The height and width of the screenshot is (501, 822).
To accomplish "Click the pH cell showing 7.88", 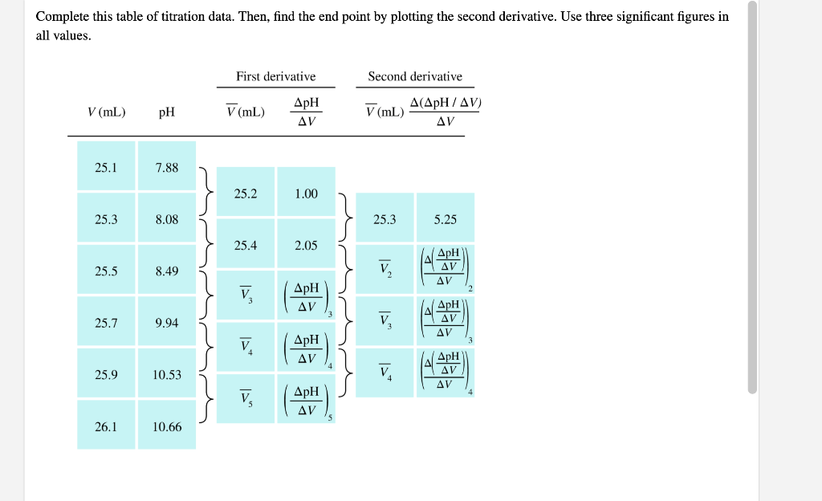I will pyautogui.click(x=167, y=168).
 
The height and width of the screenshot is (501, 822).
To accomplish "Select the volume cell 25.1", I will pyautogui.click(x=106, y=168).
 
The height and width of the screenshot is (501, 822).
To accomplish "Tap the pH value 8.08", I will pyautogui.click(x=167, y=219).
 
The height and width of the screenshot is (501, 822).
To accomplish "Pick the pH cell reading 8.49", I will pyautogui.click(x=167, y=271).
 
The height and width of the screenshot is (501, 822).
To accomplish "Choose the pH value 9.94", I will pyautogui.click(x=167, y=323).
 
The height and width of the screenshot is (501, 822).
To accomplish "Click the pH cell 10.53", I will pyautogui.click(x=167, y=375).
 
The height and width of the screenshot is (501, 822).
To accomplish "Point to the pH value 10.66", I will pyautogui.click(x=167, y=427).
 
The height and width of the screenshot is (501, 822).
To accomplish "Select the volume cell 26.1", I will pyautogui.click(x=106, y=427).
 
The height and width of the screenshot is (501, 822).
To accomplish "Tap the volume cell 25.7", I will pyautogui.click(x=106, y=323).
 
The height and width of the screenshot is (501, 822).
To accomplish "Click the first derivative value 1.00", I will pyautogui.click(x=306, y=193).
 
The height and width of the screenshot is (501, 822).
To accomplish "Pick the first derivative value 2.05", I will pyautogui.click(x=306, y=245).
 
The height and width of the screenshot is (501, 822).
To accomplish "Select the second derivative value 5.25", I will pyautogui.click(x=446, y=219).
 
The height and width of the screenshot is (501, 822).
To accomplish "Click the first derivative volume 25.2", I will pyautogui.click(x=246, y=193).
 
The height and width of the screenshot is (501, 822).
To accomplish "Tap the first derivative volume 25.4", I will pyautogui.click(x=246, y=245).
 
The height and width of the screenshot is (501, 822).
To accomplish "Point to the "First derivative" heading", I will pyautogui.click(x=275, y=76).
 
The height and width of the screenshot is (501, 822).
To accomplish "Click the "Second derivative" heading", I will pyautogui.click(x=415, y=76).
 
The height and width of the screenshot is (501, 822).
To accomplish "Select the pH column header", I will pyautogui.click(x=167, y=112).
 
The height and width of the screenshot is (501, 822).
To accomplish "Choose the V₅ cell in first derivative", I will pyautogui.click(x=246, y=397).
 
